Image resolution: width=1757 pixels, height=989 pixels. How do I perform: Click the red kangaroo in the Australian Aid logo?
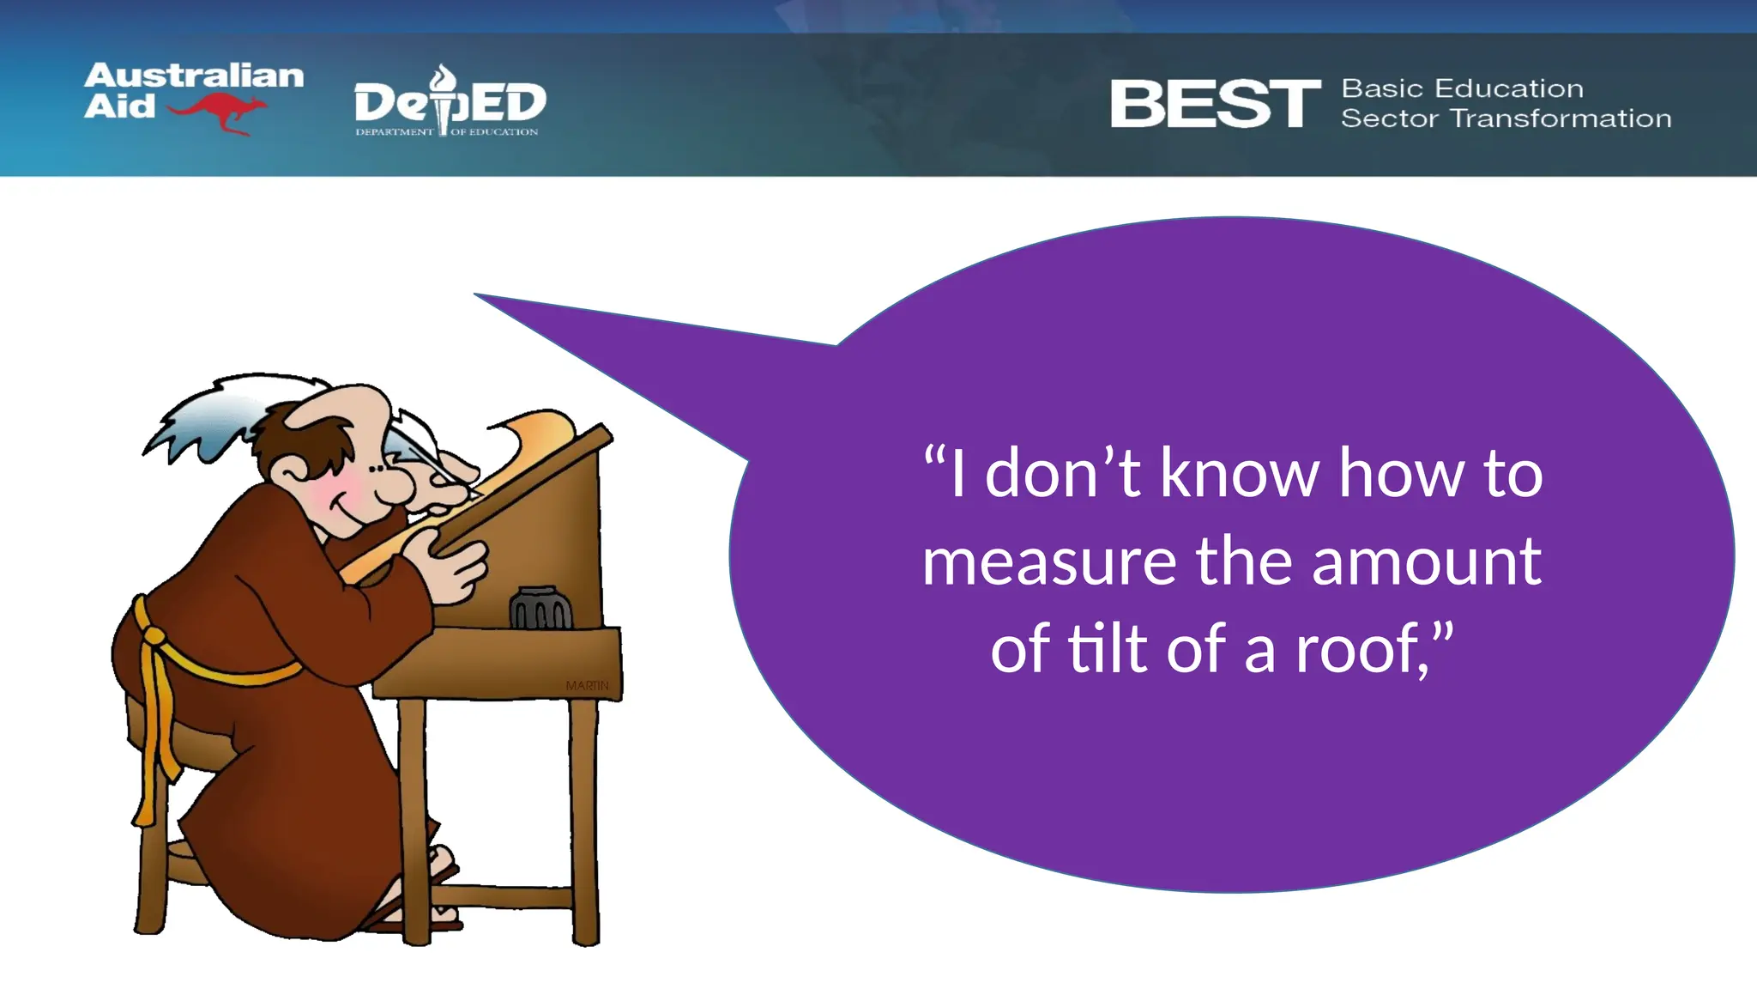(x=218, y=112)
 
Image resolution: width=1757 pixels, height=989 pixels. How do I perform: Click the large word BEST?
(x=1215, y=104)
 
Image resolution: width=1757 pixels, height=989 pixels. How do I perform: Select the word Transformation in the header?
(x=1561, y=118)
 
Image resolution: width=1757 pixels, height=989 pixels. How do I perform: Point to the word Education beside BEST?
(x=1509, y=88)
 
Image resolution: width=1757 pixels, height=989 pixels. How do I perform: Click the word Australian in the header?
(x=194, y=76)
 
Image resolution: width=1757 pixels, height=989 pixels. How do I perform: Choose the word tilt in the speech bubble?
(x=1107, y=649)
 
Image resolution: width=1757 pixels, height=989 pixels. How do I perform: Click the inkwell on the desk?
(x=540, y=609)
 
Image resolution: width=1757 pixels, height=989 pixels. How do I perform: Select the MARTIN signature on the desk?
(x=588, y=685)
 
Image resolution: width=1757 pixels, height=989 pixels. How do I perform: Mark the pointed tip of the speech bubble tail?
(x=476, y=294)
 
